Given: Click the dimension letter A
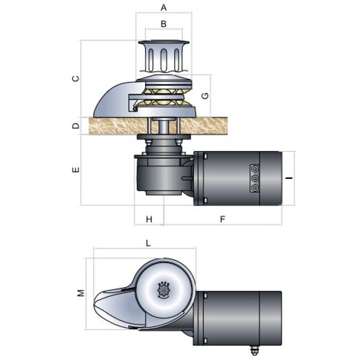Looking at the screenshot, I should point(163,8).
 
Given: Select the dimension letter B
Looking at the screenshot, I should point(163,24).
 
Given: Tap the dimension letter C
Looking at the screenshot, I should point(76,78).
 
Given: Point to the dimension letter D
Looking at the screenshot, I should point(76,126).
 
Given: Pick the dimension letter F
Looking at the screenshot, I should point(222,219).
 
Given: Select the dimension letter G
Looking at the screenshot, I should point(205,95).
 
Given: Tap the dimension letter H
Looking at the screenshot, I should point(149,219).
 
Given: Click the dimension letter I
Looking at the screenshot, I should point(289,178).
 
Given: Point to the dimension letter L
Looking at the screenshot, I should point(148,243).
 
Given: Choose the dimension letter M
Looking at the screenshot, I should point(81,292).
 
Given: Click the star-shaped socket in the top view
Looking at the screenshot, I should point(163,289).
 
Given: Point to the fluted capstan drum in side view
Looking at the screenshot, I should point(163,57).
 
